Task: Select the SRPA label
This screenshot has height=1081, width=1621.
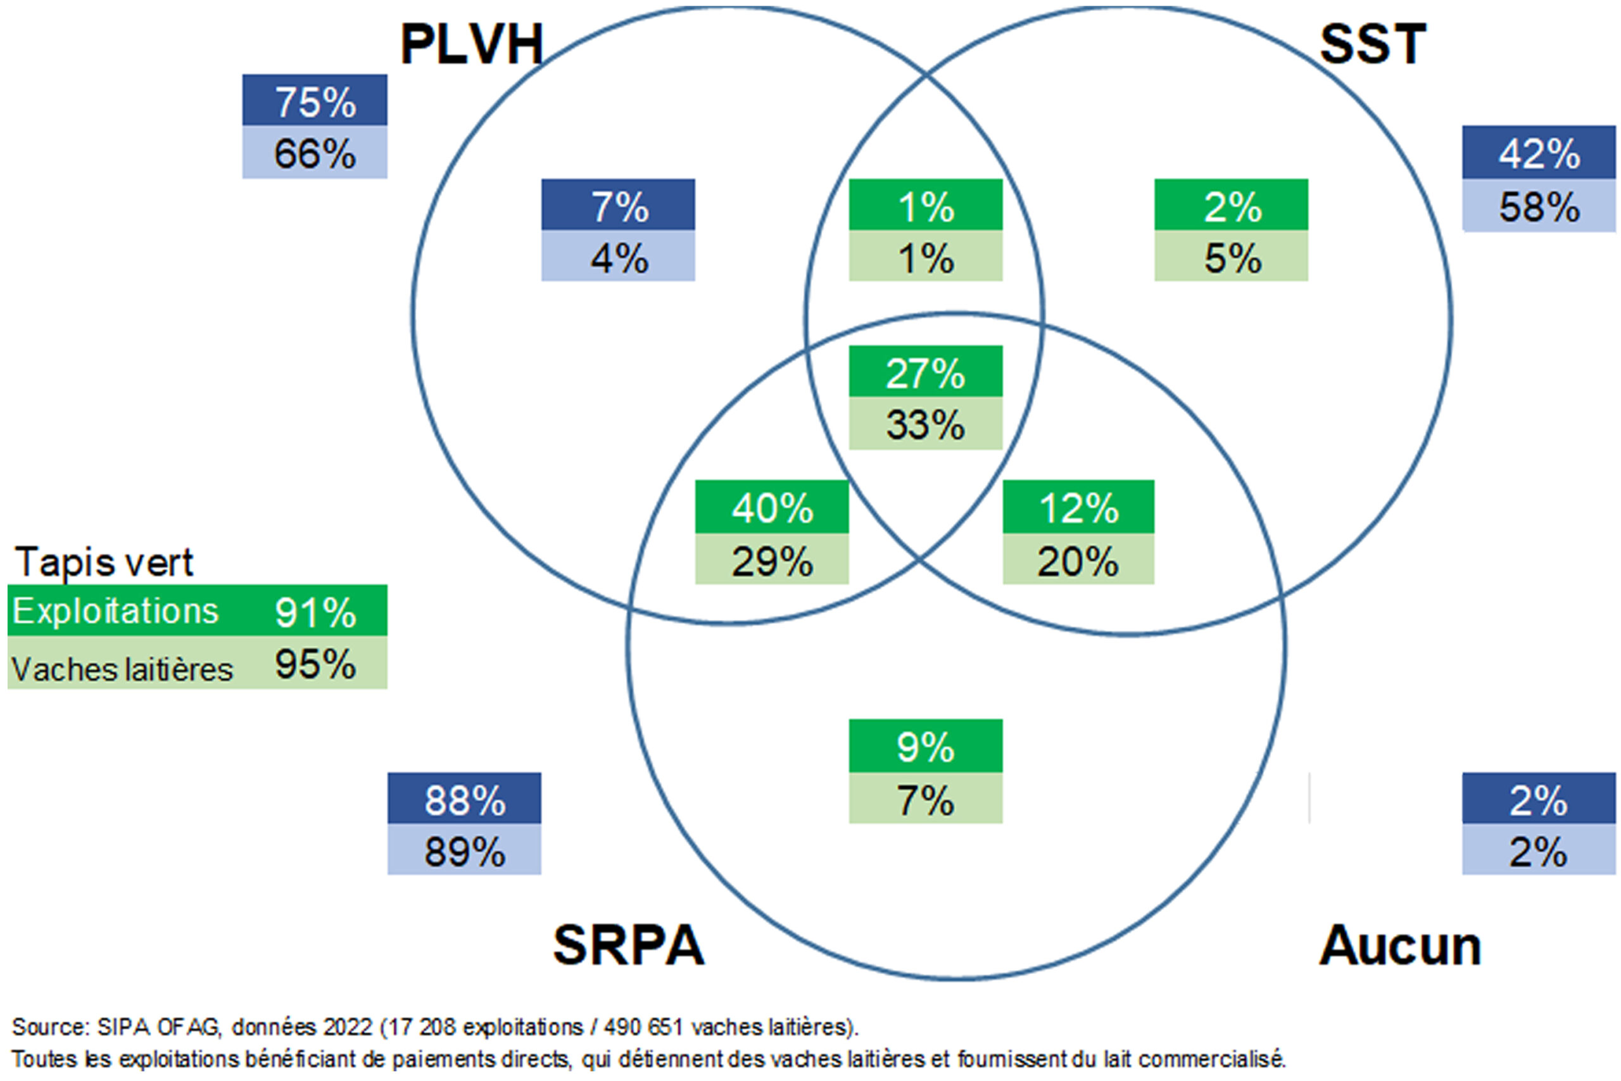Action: pyautogui.click(x=628, y=945)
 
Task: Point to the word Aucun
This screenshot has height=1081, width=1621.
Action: pyautogui.click(x=1400, y=946)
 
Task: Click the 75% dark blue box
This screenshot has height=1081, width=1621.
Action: pyautogui.click(x=315, y=101)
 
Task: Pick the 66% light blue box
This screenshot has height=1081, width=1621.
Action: pyautogui.click(x=315, y=153)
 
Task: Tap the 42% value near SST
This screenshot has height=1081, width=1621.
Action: pyautogui.click(x=1538, y=153)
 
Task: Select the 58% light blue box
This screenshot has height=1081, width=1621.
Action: pyautogui.click(x=1538, y=206)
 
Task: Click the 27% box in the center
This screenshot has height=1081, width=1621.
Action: pyautogui.click(x=925, y=372)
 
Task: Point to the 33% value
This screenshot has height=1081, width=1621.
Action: pyautogui.click(x=925, y=424)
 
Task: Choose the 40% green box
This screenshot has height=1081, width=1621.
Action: pyautogui.click(x=772, y=507)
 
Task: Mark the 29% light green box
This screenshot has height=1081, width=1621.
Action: pyautogui.click(x=772, y=560)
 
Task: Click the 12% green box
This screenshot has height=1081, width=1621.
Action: pyautogui.click(x=1078, y=507)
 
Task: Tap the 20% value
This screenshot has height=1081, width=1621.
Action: pyautogui.click(x=1078, y=560)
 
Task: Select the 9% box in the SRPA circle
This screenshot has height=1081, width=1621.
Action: pyautogui.click(x=925, y=747)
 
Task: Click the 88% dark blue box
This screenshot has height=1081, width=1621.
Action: pyautogui.click(x=464, y=799)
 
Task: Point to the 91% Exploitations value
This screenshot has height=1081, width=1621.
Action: pyautogui.click(x=315, y=612)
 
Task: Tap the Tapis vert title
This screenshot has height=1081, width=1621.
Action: pyautogui.click(x=104, y=562)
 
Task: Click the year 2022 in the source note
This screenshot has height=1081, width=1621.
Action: pyautogui.click(x=348, y=1027)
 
